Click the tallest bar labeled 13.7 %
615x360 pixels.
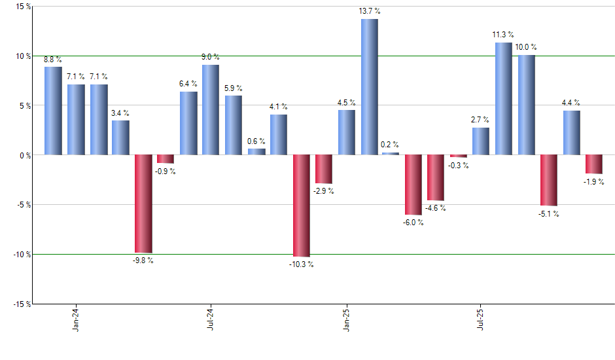(x=369, y=87)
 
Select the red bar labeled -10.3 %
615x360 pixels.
(x=301, y=206)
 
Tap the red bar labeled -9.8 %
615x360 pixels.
(x=143, y=204)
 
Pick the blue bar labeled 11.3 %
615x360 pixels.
(x=503, y=99)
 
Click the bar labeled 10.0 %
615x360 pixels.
(x=526, y=105)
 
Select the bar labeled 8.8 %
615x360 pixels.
(x=53, y=111)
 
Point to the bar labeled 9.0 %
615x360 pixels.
(x=211, y=110)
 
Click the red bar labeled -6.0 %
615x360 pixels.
(x=413, y=185)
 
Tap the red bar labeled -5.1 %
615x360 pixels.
(x=548, y=180)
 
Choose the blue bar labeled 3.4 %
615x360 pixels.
(x=120, y=137)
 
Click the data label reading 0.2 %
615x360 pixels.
(x=390, y=145)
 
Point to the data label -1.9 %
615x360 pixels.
(x=593, y=182)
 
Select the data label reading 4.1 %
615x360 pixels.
(x=278, y=107)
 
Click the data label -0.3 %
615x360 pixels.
(x=459, y=166)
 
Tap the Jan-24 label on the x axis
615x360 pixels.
(x=76, y=320)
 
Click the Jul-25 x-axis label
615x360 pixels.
(x=482, y=320)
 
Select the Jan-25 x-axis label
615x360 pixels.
(x=346, y=320)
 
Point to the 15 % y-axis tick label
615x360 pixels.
(x=23, y=7)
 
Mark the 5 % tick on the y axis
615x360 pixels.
(x=24, y=105)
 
